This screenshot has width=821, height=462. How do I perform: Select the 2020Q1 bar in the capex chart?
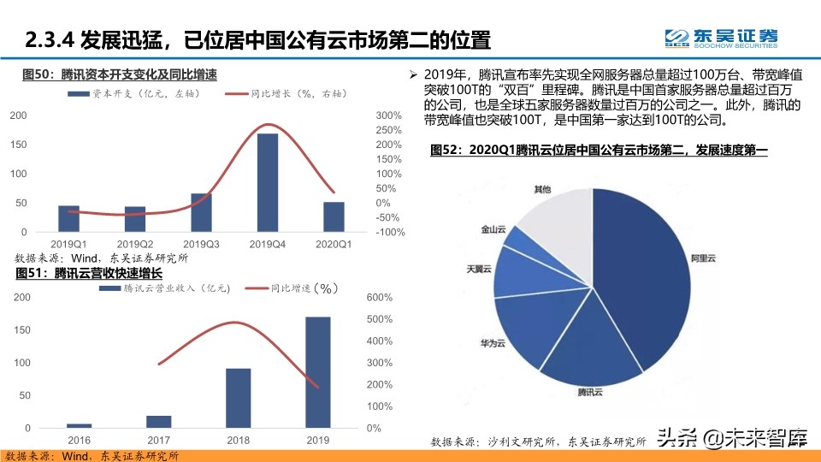click(334, 216)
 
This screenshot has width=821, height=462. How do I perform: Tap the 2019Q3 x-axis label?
click(201, 244)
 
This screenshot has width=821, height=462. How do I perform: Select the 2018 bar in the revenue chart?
click(238, 398)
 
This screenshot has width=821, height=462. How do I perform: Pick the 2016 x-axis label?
click(79, 439)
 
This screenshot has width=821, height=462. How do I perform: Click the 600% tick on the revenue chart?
click(379, 298)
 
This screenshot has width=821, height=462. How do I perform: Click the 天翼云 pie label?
click(479, 269)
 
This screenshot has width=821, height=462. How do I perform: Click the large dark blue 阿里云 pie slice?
click(650, 274)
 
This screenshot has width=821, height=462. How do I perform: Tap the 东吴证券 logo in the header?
click(722, 37)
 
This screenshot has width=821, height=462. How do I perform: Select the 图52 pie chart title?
click(599, 151)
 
